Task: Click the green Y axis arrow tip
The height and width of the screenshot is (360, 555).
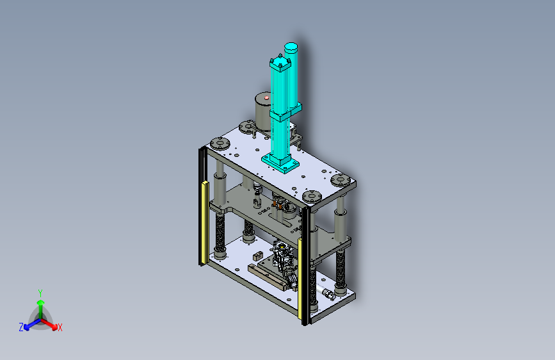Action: click(41, 302)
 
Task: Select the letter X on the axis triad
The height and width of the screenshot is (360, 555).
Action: click(60, 327)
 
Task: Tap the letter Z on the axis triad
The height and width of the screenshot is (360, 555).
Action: click(21, 327)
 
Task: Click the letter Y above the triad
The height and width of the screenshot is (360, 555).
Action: click(40, 293)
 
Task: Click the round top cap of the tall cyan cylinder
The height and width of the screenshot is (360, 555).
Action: click(291, 47)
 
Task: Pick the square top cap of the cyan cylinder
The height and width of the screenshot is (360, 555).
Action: click(280, 64)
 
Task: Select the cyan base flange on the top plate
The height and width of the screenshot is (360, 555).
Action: click(280, 163)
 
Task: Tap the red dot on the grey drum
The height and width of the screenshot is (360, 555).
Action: click(267, 98)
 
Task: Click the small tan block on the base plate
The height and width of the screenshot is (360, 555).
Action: click(258, 256)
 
